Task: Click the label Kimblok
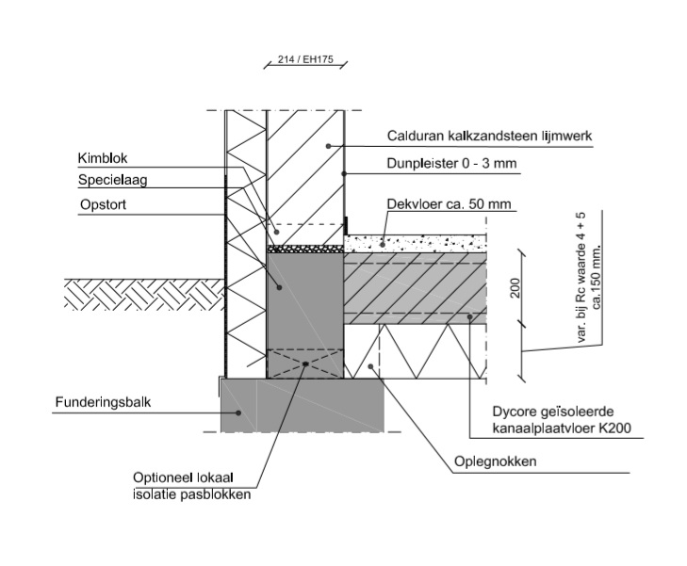[x=97, y=159]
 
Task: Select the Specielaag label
[x=107, y=180]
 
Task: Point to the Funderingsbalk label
[x=103, y=402]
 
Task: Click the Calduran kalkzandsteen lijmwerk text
[x=488, y=137]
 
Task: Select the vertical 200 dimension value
[x=515, y=288]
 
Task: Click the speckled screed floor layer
[x=415, y=243]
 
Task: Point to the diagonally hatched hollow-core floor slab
[x=415, y=287]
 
